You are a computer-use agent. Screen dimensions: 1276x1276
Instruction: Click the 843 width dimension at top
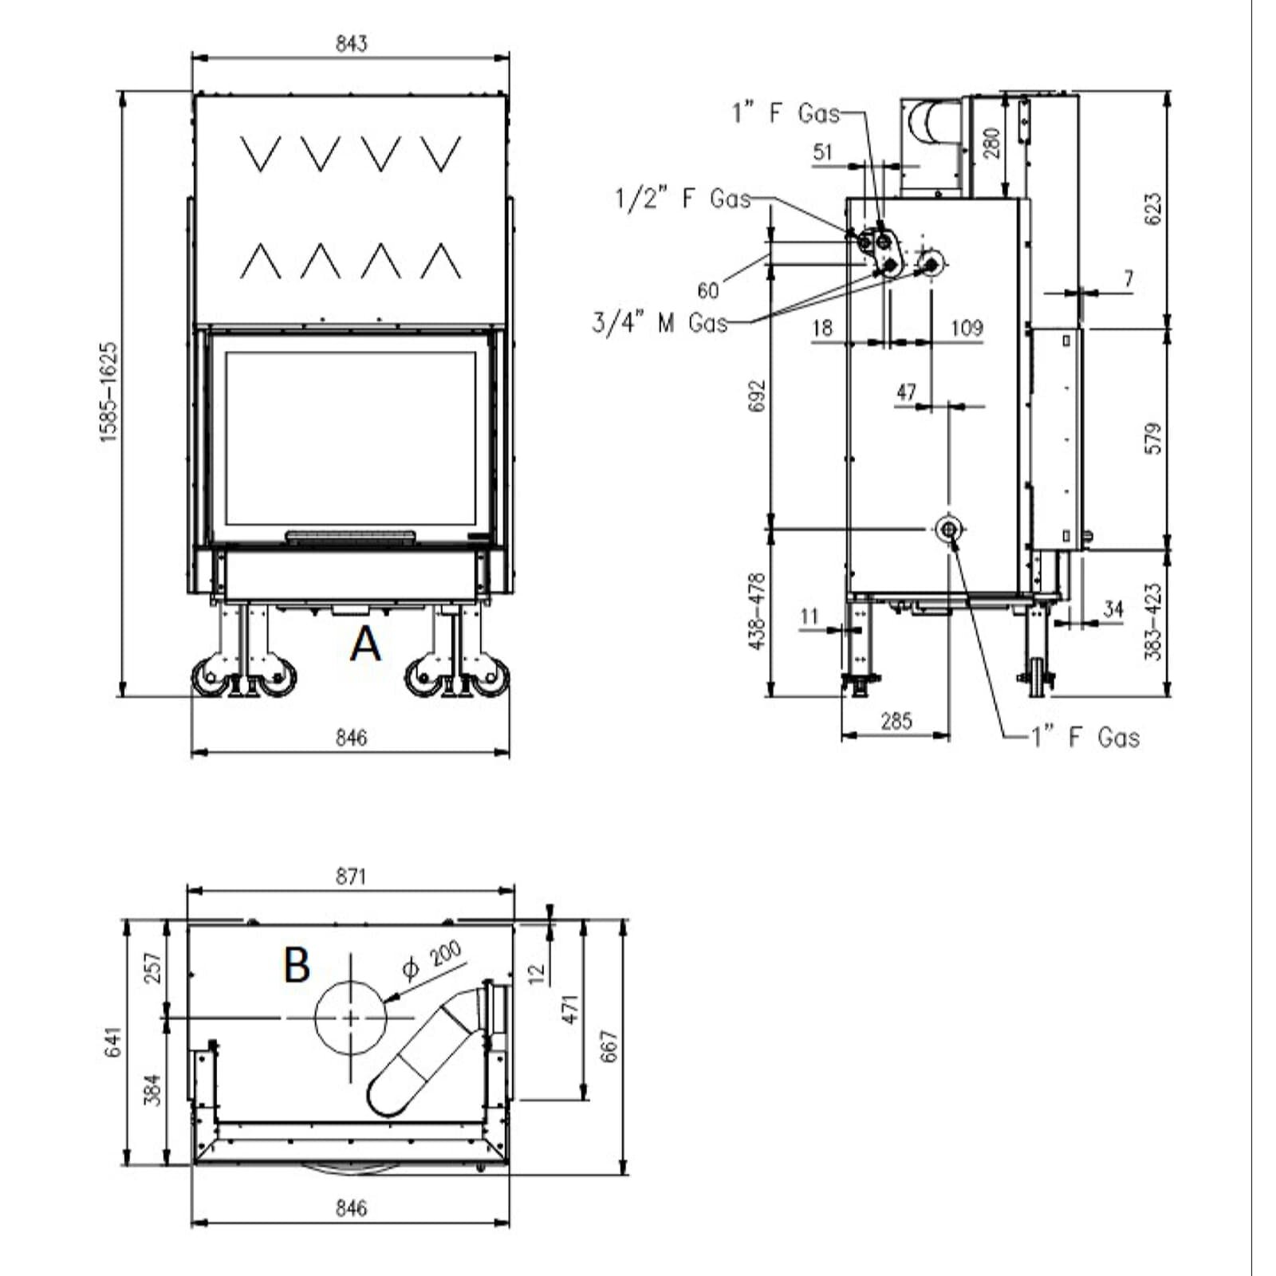click(351, 43)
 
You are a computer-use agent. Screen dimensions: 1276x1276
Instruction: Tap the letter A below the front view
click(365, 644)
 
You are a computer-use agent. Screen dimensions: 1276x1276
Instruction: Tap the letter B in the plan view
click(297, 964)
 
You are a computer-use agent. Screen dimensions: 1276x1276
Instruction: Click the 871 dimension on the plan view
click(351, 876)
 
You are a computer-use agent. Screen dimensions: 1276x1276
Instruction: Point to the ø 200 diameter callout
click(432, 960)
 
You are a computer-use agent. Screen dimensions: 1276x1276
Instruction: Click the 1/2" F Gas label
click(683, 198)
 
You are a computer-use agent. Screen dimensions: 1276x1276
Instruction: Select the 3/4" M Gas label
click(660, 322)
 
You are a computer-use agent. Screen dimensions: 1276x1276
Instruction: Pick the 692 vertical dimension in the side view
click(757, 396)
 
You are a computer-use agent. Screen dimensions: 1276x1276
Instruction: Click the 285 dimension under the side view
click(896, 722)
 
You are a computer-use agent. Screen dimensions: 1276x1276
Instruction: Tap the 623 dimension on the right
click(1153, 209)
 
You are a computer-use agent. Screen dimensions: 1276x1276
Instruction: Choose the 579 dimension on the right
click(1153, 439)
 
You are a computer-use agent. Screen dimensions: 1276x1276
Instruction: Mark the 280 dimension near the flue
click(991, 143)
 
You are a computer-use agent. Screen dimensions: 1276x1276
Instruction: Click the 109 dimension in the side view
click(967, 328)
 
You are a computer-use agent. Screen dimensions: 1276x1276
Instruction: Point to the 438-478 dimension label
click(757, 611)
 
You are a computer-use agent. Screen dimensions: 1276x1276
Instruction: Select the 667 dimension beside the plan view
click(608, 1046)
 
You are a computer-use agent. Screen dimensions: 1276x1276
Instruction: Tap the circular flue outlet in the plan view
click(351, 1018)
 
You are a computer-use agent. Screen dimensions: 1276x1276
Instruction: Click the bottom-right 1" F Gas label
click(1085, 737)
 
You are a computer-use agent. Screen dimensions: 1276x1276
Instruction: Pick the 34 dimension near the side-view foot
click(1113, 609)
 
